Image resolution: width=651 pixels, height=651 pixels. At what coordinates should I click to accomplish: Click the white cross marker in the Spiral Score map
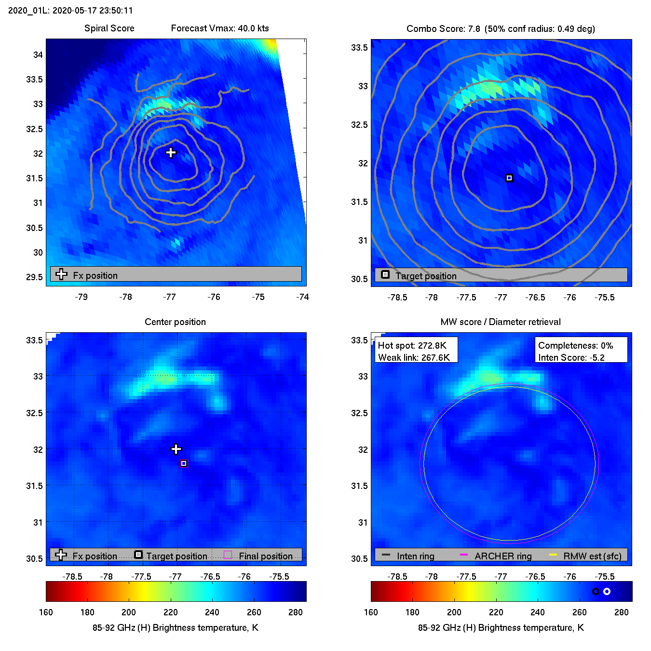click(x=171, y=153)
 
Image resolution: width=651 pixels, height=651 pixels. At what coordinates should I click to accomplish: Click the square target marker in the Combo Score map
click(x=509, y=178)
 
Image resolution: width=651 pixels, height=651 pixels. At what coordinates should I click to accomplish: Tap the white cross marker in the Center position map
click(x=176, y=449)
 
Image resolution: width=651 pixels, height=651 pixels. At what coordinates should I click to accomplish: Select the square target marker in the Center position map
click(x=184, y=463)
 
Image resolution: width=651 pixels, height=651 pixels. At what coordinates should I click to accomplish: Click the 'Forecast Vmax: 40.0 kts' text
click(x=220, y=28)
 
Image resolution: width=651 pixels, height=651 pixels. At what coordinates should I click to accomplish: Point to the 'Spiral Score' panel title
click(x=109, y=28)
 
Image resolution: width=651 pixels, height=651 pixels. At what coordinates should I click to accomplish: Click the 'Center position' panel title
click(x=175, y=322)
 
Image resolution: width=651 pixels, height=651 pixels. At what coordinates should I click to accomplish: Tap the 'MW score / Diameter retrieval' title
click(x=501, y=322)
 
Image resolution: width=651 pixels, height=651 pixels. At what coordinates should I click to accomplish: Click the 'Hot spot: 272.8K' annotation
click(x=412, y=346)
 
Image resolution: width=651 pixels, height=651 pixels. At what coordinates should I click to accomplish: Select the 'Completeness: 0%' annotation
click(x=575, y=346)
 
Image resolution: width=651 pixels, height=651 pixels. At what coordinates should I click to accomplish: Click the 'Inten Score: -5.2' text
click(x=571, y=357)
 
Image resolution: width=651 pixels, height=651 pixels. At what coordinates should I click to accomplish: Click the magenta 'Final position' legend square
click(x=228, y=555)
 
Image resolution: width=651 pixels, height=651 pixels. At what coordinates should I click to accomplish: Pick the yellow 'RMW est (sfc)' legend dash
click(x=553, y=555)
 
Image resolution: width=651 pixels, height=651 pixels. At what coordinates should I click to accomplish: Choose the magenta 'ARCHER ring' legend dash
click(x=464, y=555)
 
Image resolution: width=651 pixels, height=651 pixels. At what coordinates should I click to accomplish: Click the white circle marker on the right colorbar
click(x=607, y=591)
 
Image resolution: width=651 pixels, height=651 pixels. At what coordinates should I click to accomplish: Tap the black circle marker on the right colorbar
click(x=596, y=591)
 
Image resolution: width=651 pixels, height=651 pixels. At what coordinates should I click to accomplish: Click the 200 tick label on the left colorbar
click(x=129, y=612)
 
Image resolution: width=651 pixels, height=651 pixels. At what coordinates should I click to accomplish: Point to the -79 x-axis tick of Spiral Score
click(x=81, y=297)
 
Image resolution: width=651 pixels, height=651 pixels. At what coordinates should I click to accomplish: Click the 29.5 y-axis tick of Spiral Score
click(x=34, y=277)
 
